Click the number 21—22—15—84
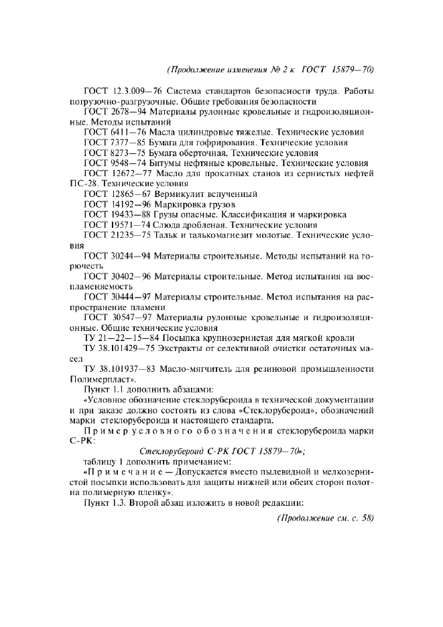(x=125, y=338)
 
